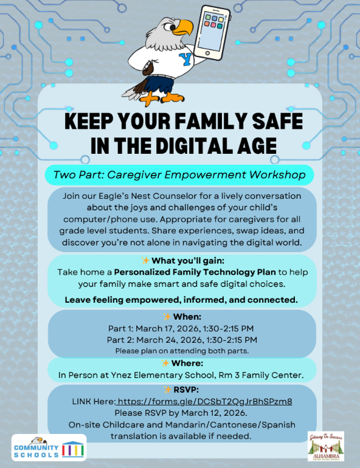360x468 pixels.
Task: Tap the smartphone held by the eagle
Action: (x=213, y=32)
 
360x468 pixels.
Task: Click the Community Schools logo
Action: (x=49, y=449)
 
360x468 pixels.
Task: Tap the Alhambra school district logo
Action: (x=325, y=447)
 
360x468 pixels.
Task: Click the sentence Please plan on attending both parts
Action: (x=182, y=351)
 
